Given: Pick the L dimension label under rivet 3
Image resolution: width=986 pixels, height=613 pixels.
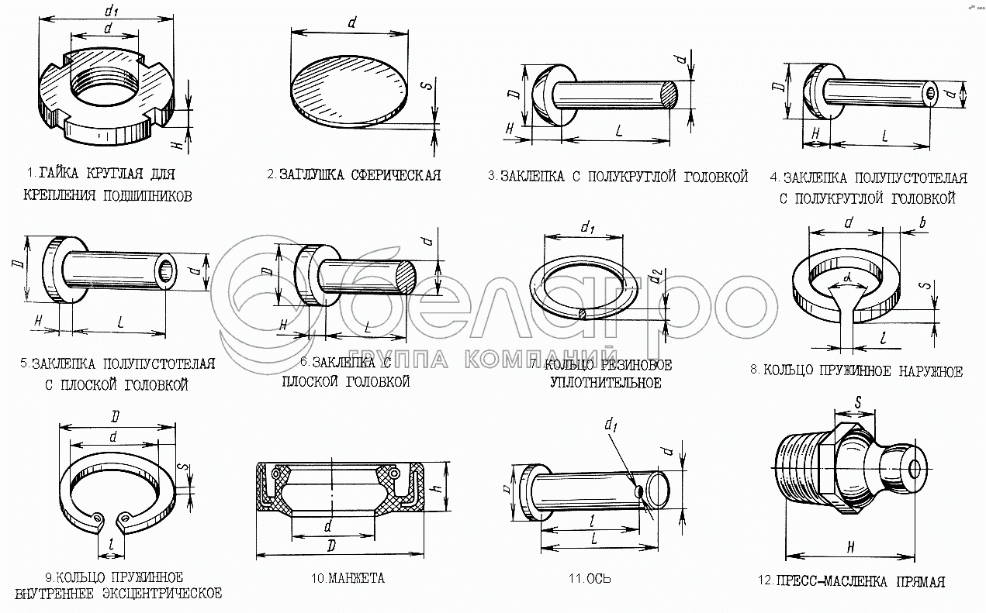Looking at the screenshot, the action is pos(619,130).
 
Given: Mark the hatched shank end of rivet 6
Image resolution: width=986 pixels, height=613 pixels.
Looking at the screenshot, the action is pos(406,277).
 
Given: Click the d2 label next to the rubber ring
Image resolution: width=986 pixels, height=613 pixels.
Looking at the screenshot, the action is pos(656,275).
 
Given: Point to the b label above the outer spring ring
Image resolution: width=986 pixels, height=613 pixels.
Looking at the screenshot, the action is pos(922,223).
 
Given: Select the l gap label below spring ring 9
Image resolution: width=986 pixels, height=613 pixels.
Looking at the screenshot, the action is pos(112,544).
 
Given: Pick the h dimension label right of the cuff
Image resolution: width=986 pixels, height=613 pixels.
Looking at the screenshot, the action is pos(438,487).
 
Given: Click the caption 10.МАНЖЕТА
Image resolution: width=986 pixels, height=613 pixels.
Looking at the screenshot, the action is pos(348,578).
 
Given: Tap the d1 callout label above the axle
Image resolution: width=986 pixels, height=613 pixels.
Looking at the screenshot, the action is pos(611,425).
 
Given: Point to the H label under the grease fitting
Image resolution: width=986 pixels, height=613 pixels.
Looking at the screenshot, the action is pos(850,547).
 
